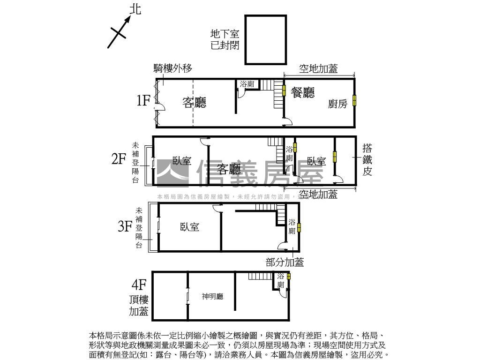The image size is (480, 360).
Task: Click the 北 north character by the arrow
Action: tap(135, 9)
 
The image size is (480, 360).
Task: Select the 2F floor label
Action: tap(119, 159)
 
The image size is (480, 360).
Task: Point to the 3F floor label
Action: tap(125, 227)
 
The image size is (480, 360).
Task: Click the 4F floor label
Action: tap(139, 285)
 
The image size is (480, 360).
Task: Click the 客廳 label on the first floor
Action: tap(194, 103)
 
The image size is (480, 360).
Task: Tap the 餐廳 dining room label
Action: tap(303, 92)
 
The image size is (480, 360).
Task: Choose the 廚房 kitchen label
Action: tap(337, 104)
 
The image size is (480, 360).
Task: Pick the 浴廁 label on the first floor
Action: tap(247, 84)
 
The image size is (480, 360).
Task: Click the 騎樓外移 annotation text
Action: tap(173, 68)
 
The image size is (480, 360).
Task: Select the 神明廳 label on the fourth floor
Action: tap(212, 296)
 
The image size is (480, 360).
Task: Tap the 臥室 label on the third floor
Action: tap(189, 227)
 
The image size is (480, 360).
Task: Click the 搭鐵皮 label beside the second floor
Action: tap(367, 160)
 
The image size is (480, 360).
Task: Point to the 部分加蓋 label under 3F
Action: tap(285, 262)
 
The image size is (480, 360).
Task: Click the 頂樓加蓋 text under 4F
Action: tap(139, 305)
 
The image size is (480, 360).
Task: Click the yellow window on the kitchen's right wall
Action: tap(354, 100)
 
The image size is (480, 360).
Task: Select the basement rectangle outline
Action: tap(265, 39)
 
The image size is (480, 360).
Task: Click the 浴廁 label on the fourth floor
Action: tap(281, 280)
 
